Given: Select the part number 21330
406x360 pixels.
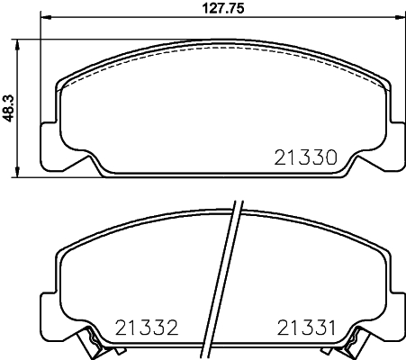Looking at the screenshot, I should [304, 157].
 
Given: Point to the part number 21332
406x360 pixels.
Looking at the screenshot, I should [146, 326].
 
